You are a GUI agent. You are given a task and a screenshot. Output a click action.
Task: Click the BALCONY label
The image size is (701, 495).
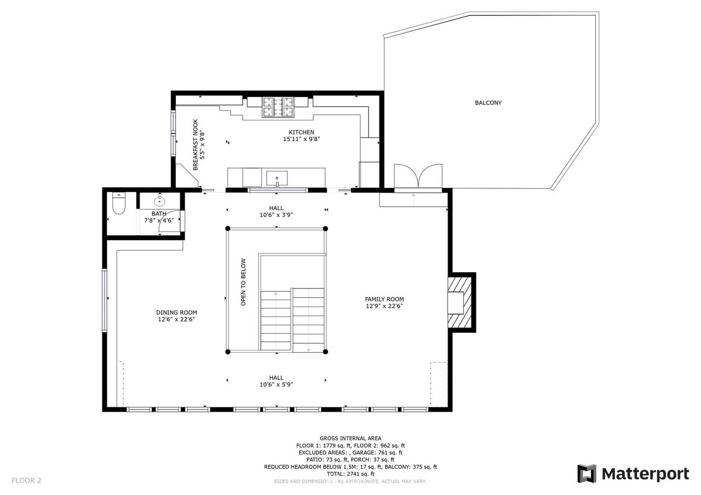point(488,102)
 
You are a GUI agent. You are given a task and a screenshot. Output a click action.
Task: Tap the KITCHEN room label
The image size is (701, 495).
point(301,132)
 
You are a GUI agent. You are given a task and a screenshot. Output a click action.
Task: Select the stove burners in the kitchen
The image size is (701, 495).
point(278,107)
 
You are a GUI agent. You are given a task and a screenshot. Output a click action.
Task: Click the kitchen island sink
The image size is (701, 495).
point(277,178)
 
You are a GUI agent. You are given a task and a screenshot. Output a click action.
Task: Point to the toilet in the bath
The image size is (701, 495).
point(119,203)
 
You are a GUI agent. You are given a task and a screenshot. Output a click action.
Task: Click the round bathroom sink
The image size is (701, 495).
point(159,201)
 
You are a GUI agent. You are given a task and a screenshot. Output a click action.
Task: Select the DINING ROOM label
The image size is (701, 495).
point(176,312)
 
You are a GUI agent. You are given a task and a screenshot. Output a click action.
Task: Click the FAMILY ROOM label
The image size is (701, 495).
point(384,299)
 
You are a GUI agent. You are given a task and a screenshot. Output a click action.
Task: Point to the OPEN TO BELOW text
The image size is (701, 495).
point(243,282)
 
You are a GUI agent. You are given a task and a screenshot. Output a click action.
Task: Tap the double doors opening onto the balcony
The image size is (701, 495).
point(418,176)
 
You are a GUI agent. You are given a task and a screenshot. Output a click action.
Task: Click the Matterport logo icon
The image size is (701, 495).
point(587,474)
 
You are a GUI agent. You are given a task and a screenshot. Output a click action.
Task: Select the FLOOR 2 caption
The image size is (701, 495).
point(26,480)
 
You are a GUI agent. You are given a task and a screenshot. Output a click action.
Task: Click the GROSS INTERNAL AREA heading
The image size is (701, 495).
point(350,439)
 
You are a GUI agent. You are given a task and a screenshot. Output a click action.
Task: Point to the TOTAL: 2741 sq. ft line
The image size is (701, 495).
point(350,474)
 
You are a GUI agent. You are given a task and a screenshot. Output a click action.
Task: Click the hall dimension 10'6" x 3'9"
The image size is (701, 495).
point(277,215)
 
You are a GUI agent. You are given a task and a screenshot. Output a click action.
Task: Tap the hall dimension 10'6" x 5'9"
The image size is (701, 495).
point(277,384)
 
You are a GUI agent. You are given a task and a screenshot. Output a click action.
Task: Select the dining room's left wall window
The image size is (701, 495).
point(105,300)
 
